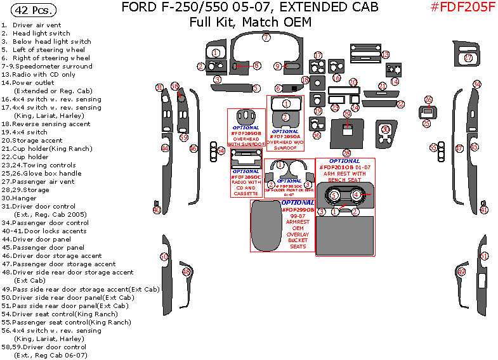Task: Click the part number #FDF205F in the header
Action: pyautogui.click(x=462, y=8)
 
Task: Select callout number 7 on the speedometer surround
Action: pyautogui.click(x=266, y=38)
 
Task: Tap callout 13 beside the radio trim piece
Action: pyautogui.click(x=385, y=55)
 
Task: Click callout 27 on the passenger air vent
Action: pyautogui.click(x=468, y=58)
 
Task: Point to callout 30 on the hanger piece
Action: pyautogui.click(x=386, y=129)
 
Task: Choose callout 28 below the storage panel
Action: pyautogui.click(x=346, y=153)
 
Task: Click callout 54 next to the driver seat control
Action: pyautogui.click(x=221, y=151)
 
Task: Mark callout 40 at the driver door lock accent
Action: pyautogui.click(x=157, y=210)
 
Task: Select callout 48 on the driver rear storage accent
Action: pyautogui.click(x=187, y=272)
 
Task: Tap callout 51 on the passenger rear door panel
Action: pyautogui.click(x=484, y=256)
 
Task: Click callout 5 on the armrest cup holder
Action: pyautogui.click(x=334, y=196)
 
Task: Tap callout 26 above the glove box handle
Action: pyautogui.click(x=428, y=100)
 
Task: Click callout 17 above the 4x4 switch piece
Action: pyautogui.click(x=318, y=56)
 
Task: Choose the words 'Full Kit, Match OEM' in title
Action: pyautogui.click(x=250, y=22)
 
